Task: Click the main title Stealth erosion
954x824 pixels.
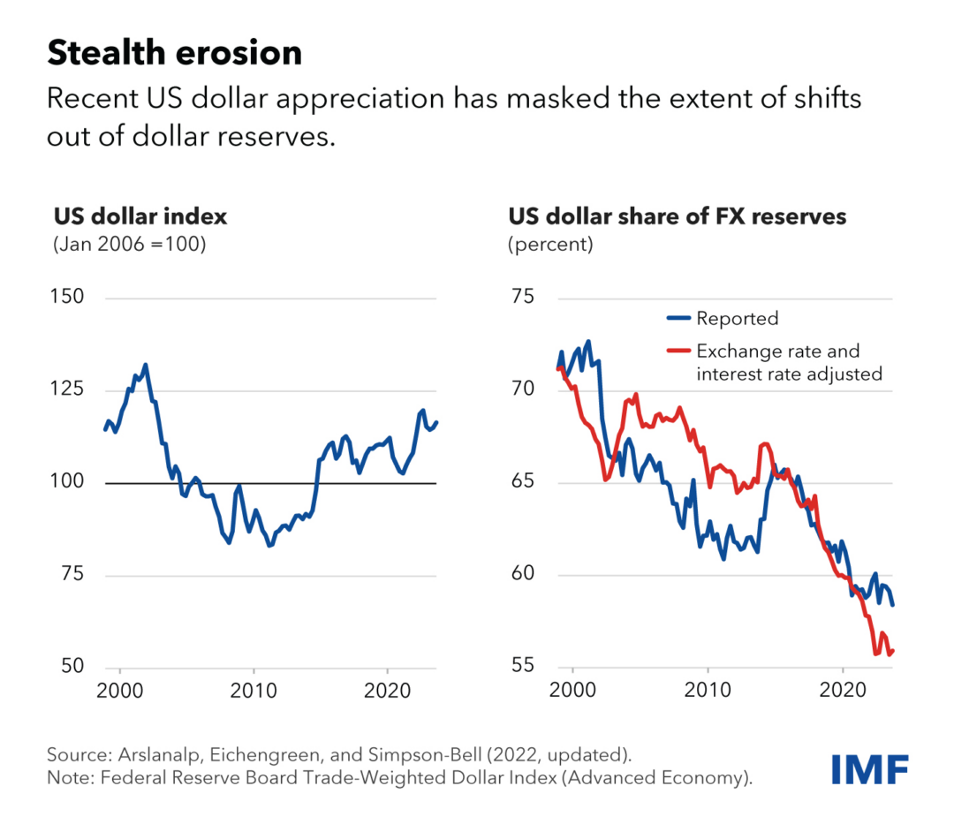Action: [174, 54]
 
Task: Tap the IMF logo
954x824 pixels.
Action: [869, 769]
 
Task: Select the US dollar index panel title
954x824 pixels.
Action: [140, 217]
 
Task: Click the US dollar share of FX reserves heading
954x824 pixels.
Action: [677, 217]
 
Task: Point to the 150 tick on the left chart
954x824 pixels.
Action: [69, 298]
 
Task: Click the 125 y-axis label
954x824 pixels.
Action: [69, 390]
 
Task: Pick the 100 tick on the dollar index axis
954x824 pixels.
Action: [69, 483]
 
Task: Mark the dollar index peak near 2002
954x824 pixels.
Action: [146, 364]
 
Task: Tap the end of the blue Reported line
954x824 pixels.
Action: [893, 605]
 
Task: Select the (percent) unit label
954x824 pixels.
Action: [549, 245]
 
